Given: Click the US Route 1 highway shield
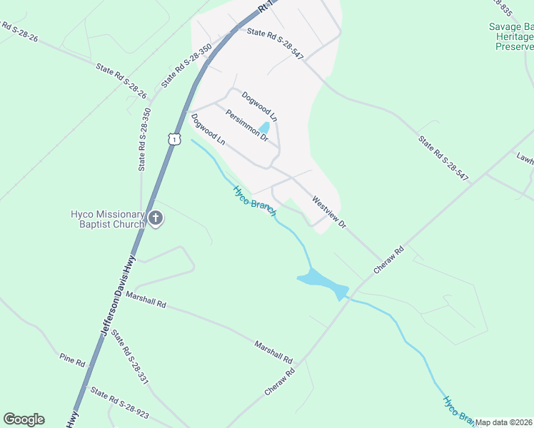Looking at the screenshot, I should pos(174,138).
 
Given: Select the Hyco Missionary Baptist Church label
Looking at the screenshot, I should pos(107,219).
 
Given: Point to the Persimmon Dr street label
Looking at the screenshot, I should pos(246,125).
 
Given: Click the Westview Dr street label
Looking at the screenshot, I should pos(328,212).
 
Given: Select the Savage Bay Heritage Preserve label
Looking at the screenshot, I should pos(511,36).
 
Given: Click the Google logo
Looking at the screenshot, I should pos(24,419).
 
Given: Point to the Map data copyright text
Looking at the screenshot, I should pos(504,422).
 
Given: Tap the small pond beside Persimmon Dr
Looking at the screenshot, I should pos(263,128).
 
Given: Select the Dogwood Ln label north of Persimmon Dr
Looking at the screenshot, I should pos(259,106).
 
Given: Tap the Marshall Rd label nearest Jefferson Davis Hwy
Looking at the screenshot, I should pos(146,299).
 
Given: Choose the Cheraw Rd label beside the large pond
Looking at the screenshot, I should pos(389,260).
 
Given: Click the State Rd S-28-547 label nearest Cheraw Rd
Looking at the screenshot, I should pos(443,158).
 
